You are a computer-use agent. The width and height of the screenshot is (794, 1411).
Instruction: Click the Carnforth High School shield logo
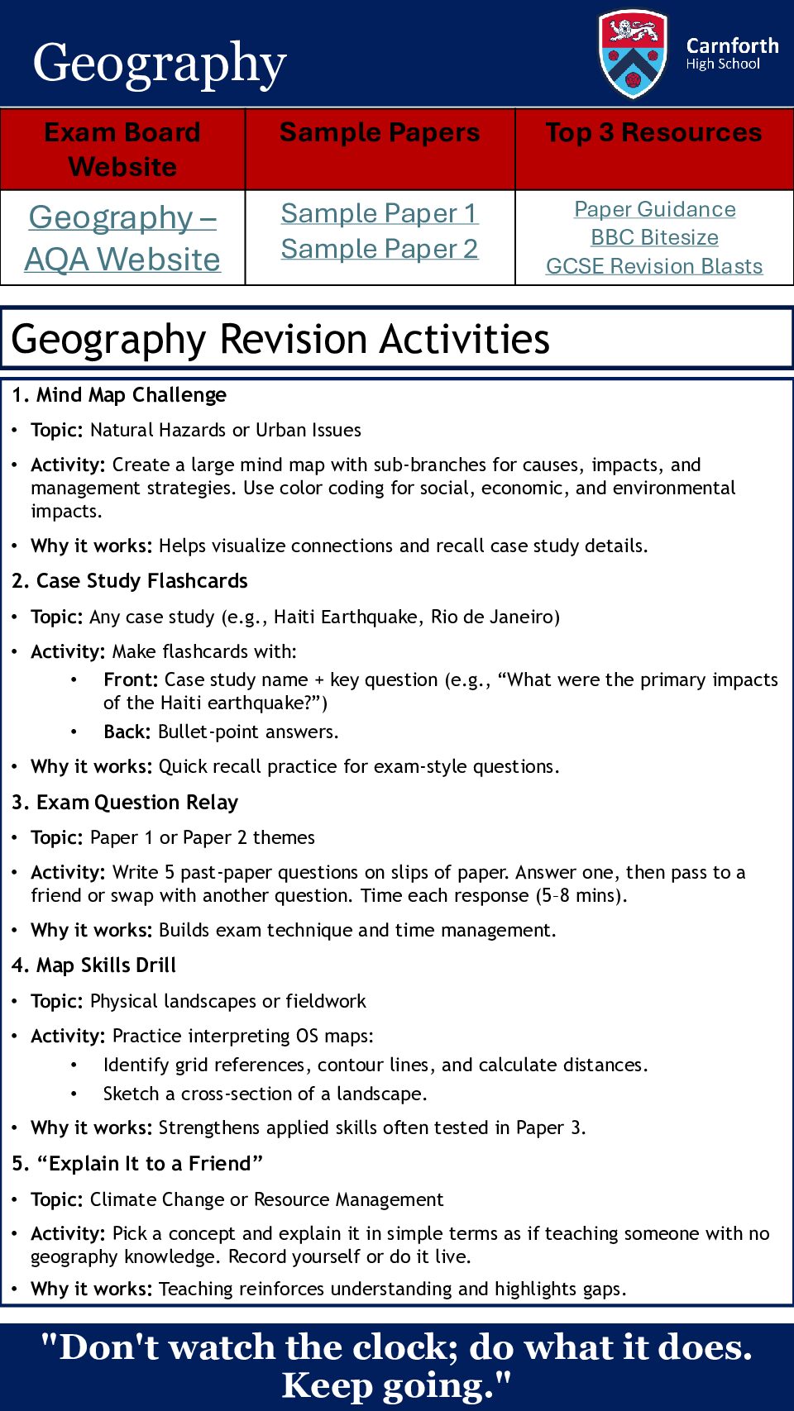(633, 54)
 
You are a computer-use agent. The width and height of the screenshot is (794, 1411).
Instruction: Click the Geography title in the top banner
(160, 63)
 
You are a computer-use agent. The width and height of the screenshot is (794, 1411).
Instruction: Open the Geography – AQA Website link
(122, 238)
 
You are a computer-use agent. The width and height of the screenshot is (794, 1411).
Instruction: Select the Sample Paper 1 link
(380, 213)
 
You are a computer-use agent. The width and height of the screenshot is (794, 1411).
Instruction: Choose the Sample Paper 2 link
(380, 249)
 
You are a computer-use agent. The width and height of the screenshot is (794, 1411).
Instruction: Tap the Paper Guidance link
(655, 209)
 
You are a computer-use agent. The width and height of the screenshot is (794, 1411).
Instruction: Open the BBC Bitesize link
(654, 237)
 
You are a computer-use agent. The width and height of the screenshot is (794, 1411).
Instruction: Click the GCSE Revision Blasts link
(654, 266)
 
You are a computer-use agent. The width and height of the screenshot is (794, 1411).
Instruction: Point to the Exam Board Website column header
(122, 149)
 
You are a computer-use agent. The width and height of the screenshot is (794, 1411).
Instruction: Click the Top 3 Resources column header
(653, 132)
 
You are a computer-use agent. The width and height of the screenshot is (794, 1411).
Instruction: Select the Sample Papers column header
(380, 132)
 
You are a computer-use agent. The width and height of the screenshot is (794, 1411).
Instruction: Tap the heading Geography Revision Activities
(280, 339)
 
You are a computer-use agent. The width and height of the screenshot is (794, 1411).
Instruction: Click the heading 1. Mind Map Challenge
(119, 395)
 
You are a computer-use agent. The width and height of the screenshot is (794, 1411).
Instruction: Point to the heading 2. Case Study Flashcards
(130, 581)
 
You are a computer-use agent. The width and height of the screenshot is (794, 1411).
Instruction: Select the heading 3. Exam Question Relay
(125, 803)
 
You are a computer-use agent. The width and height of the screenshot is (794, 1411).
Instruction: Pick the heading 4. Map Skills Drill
(94, 965)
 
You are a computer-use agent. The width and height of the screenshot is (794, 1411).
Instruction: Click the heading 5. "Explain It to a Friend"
(137, 1164)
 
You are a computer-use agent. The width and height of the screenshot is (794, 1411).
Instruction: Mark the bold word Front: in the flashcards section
(131, 679)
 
